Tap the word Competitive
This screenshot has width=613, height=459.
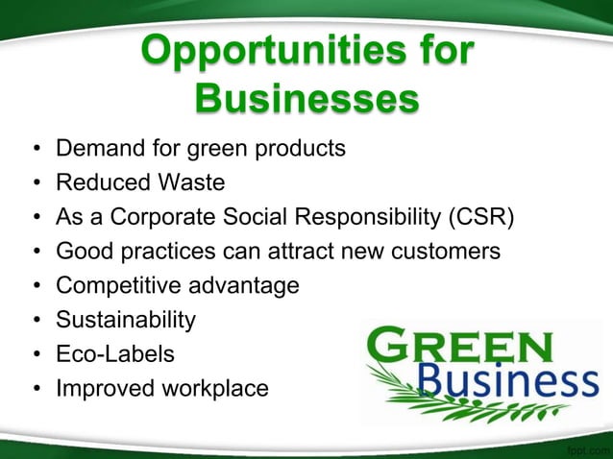click(118, 285)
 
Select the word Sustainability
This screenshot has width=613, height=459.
click(126, 320)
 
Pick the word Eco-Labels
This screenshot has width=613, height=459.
click(115, 353)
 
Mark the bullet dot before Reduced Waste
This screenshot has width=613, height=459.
click(36, 183)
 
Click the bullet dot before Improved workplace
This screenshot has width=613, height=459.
click(36, 389)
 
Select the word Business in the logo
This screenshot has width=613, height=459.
click(509, 382)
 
